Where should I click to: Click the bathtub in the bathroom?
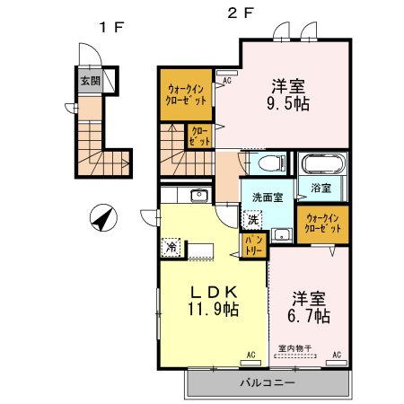pyautogui.click(x=320, y=164)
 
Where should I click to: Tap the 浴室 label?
pyautogui.click(x=321, y=189)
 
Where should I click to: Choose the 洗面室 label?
pyautogui.click(x=268, y=196)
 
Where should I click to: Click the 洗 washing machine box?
pyautogui.click(x=253, y=218)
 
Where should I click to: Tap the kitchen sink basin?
pyautogui.click(x=198, y=196)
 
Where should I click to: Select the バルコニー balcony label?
pyautogui.click(x=266, y=383)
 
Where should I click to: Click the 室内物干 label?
pyautogui.click(x=294, y=348)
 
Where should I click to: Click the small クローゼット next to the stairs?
pyautogui.click(x=199, y=136)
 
